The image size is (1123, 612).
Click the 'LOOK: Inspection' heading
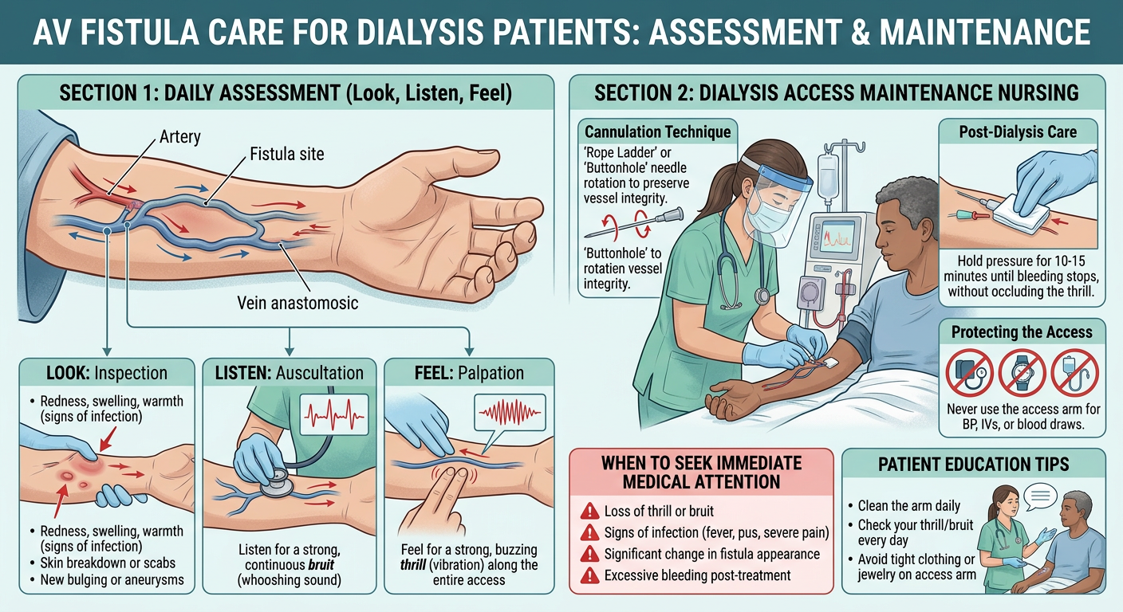pyautogui.click(x=106, y=372)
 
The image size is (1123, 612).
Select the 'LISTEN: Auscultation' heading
pyautogui.click(x=290, y=372)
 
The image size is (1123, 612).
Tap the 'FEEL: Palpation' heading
pyautogui.click(x=468, y=372)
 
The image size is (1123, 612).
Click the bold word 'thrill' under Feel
pyautogui.click(x=420, y=565)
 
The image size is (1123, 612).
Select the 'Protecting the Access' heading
pyautogui.click(x=1022, y=332)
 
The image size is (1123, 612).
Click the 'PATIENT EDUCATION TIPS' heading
pyautogui.click(x=973, y=464)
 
